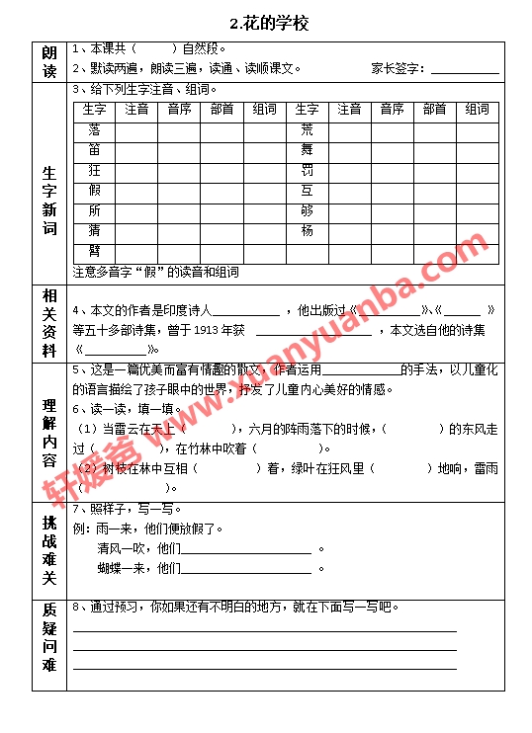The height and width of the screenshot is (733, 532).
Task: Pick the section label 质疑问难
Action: click(49, 638)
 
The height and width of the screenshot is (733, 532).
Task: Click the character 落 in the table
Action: click(94, 129)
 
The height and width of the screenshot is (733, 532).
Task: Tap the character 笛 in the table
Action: click(94, 150)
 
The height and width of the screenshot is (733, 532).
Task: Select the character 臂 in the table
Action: click(94, 251)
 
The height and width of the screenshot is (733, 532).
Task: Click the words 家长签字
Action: click(397, 68)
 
